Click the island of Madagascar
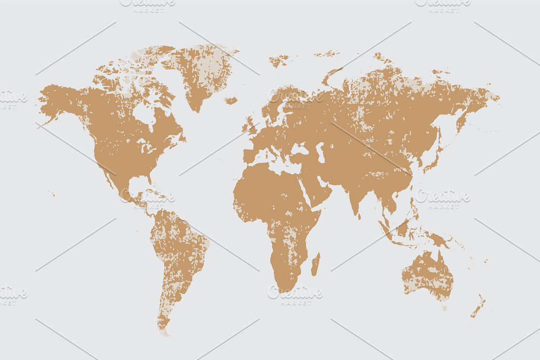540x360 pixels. [316, 264]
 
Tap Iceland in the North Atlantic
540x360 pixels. [230, 101]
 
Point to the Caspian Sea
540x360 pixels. [320, 152]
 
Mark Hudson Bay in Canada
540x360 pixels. [145, 115]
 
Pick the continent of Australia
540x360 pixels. [427, 274]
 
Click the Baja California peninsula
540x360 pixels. [108, 175]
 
